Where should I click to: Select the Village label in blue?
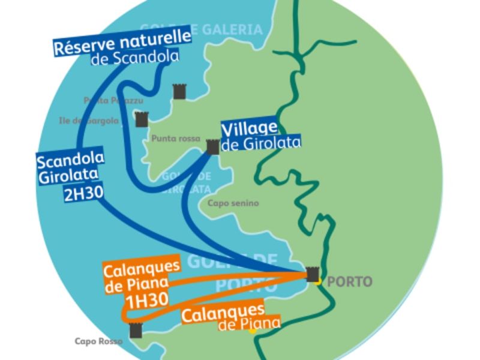click(x=249, y=128)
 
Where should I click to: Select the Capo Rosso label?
click(x=98, y=341)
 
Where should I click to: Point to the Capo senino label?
click(x=233, y=203)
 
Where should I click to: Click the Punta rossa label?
click(x=176, y=139)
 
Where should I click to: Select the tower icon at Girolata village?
click(x=212, y=147)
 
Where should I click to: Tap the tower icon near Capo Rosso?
click(x=136, y=330)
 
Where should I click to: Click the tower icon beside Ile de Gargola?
click(x=141, y=119)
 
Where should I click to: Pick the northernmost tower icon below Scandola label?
click(x=179, y=91)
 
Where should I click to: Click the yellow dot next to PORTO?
click(x=320, y=281)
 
